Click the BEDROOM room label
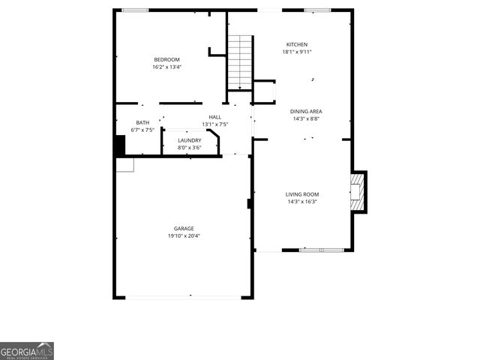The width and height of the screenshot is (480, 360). pyautogui.click(x=166, y=60)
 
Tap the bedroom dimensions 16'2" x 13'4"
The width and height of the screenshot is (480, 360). pyautogui.click(x=166, y=67)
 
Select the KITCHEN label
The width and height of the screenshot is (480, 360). pyautogui.click(x=297, y=45)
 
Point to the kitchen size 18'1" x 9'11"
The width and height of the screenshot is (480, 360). pyautogui.click(x=297, y=52)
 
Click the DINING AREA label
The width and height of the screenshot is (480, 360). pyautogui.click(x=306, y=111)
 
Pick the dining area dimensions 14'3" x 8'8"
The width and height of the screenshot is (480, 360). pyautogui.click(x=306, y=118)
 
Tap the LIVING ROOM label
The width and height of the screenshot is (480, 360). pyautogui.click(x=302, y=195)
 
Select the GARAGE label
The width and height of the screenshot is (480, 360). pyautogui.click(x=184, y=229)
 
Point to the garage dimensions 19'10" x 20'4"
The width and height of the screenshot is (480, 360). pyautogui.click(x=184, y=236)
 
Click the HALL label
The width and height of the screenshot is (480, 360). pyautogui.click(x=214, y=118)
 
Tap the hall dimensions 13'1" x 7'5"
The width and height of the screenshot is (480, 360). pyautogui.click(x=214, y=124)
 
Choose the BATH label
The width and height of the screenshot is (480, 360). pyautogui.click(x=142, y=123)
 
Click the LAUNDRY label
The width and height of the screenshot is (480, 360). pyautogui.click(x=189, y=140)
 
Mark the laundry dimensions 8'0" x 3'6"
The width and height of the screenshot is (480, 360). pyautogui.click(x=189, y=148)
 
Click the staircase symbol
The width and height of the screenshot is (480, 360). pyautogui.click(x=240, y=61)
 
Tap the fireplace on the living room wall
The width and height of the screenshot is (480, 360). pyautogui.click(x=359, y=192)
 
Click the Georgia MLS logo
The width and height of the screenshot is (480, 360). pyautogui.click(x=27, y=351)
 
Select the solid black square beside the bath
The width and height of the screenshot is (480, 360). pyautogui.click(x=120, y=145)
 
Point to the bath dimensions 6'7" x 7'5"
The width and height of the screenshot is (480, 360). pyautogui.click(x=142, y=130)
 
